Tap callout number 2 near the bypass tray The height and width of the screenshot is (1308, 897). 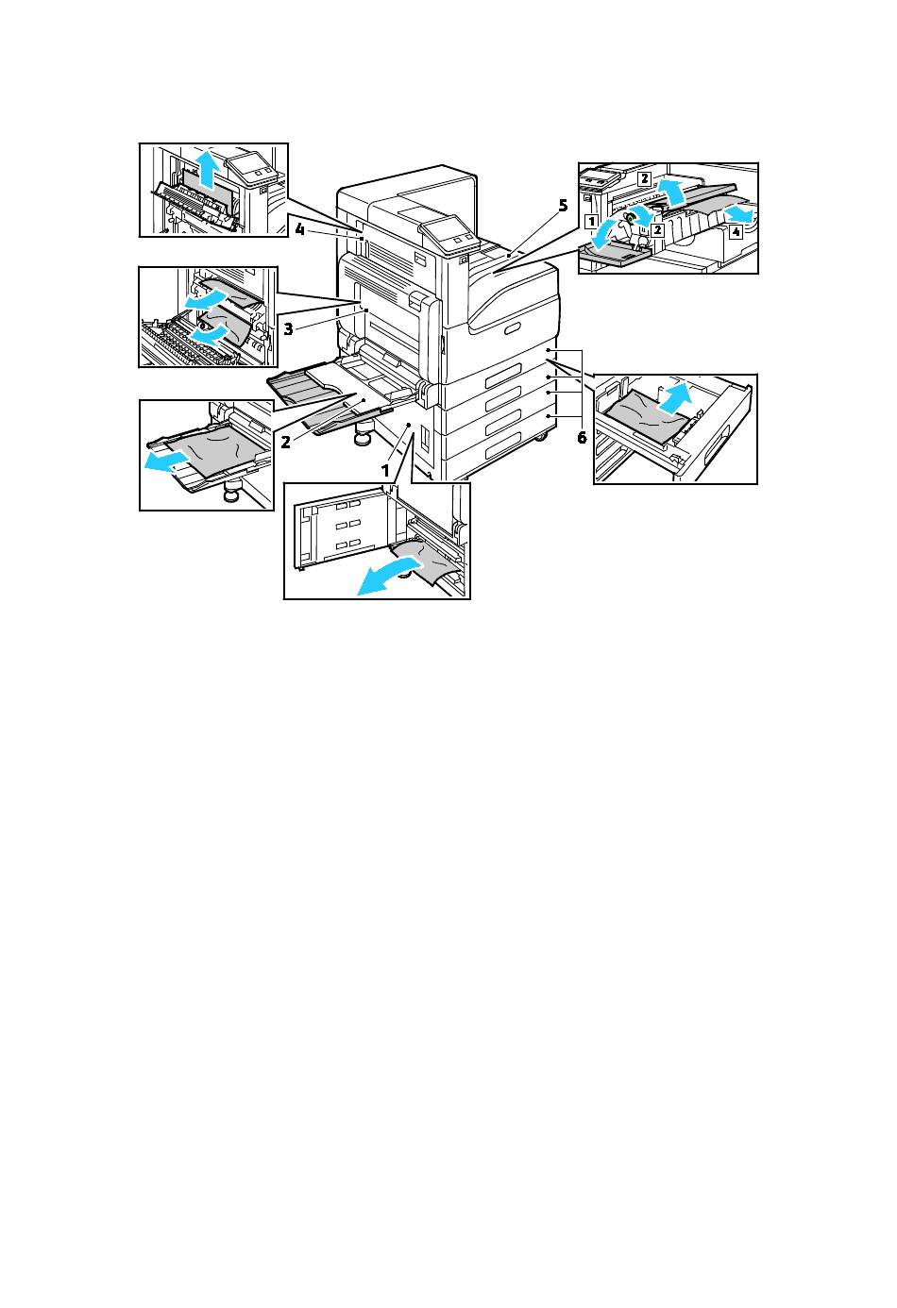(x=284, y=440)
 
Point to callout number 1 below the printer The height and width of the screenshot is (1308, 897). (x=384, y=469)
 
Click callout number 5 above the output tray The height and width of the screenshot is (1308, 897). (x=563, y=206)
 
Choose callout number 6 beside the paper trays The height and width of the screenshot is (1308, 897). (x=582, y=437)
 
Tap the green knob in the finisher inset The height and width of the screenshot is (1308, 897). (x=630, y=217)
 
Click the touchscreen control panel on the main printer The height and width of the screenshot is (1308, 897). (x=443, y=231)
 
